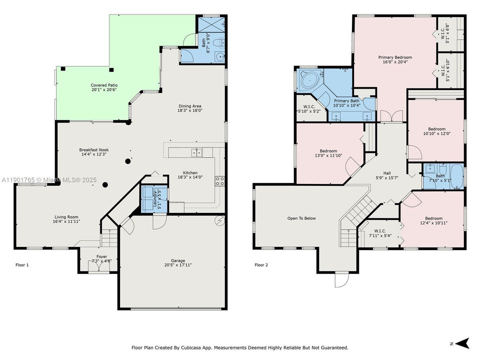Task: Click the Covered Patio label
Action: point(104,87)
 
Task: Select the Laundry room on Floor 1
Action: point(147,198)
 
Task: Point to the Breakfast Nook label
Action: point(93,152)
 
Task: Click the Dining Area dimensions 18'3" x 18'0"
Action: point(190,111)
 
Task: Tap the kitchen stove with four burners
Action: point(219,181)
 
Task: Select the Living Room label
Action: point(67,219)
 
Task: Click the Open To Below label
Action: point(301,218)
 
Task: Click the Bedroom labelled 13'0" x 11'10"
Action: point(328,153)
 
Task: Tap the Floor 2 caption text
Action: point(261,265)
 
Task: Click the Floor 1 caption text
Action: point(22,265)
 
